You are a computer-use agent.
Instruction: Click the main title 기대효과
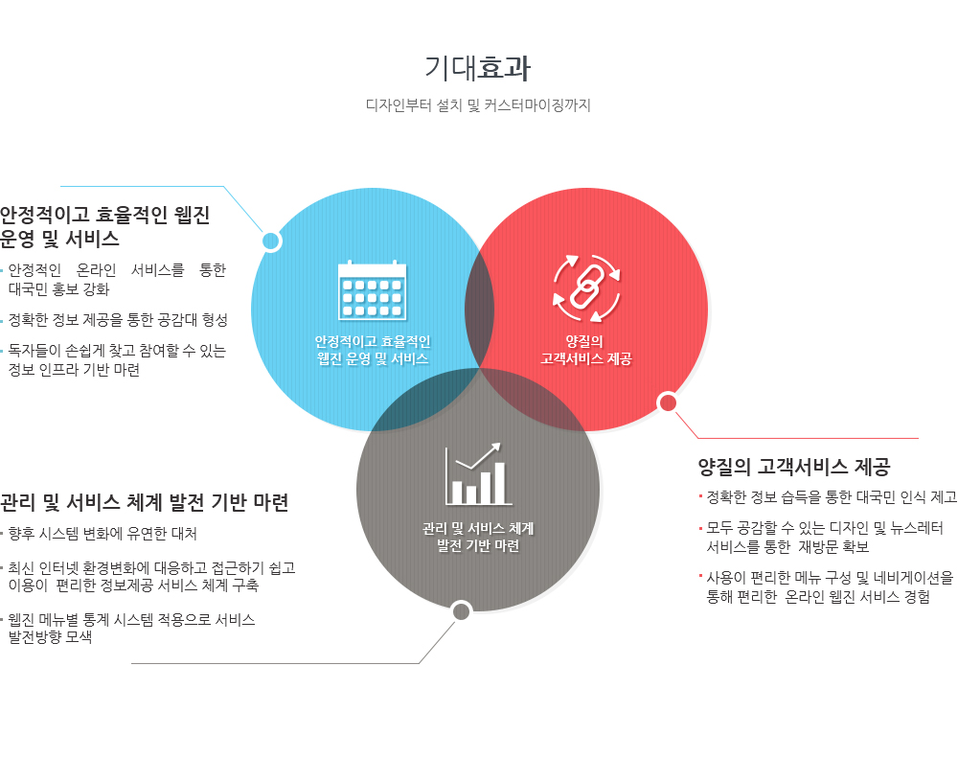(x=478, y=68)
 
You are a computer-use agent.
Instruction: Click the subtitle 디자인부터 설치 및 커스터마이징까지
(x=478, y=105)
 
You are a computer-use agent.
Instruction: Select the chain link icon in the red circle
(x=586, y=287)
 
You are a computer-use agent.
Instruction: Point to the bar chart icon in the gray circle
(x=477, y=474)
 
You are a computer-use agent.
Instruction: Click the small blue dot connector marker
(x=271, y=241)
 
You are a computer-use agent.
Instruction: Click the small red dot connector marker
(x=668, y=402)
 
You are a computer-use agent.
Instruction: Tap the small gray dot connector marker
(x=462, y=610)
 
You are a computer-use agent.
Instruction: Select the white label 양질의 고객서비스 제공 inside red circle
(x=585, y=351)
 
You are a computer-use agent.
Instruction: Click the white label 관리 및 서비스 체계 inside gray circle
(x=478, y=529)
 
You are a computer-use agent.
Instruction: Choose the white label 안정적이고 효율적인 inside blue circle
(x=373, y=342)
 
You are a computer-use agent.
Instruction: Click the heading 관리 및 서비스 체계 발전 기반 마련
(x=145, y=502)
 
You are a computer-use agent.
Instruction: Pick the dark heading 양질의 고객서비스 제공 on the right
(x=794, y=467)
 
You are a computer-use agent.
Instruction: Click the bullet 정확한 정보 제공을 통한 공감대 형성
(x=118, y=320)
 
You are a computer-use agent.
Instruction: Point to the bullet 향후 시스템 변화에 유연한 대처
(x=103, y=534)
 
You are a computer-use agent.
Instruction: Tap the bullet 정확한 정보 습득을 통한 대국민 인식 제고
(x=832, y=497)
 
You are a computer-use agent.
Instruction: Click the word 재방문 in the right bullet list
(x=818, y=546)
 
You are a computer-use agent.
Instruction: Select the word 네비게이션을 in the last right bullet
(x=913, y=577)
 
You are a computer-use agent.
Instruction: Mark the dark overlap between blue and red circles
(x=480, y=310)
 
